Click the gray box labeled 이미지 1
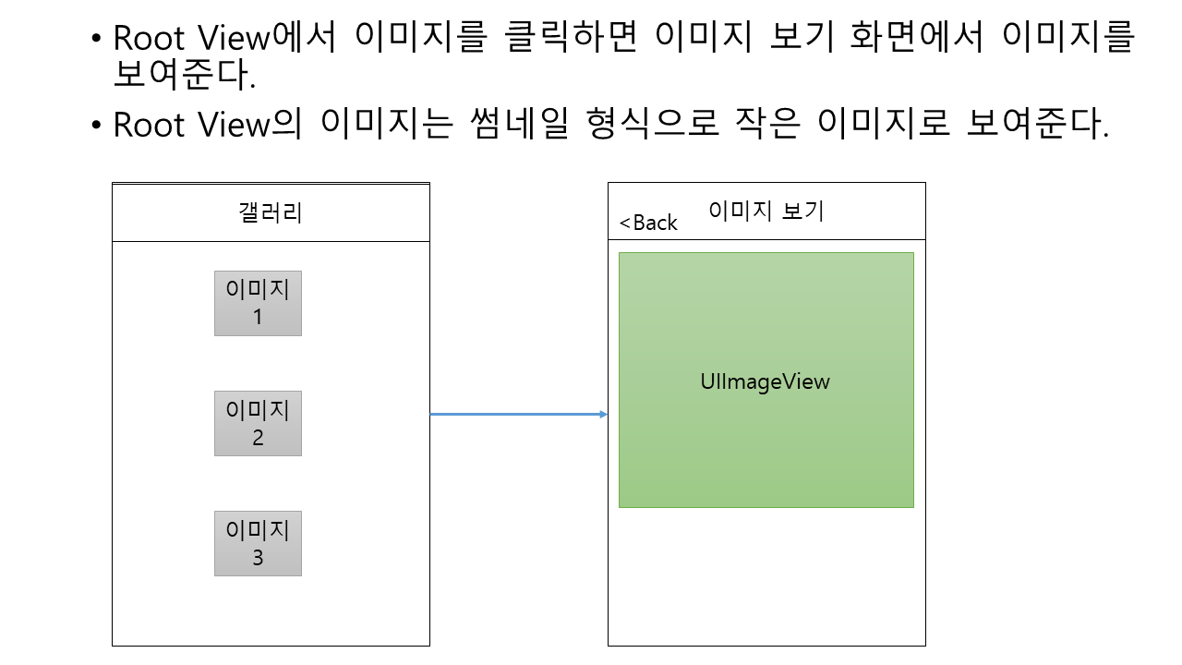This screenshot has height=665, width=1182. pos(258,303)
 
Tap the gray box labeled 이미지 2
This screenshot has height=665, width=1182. pos(258,423)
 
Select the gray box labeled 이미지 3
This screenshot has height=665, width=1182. pos(258,543)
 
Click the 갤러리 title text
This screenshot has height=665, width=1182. pos(271,213)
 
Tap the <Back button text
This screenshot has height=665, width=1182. pos(648,224)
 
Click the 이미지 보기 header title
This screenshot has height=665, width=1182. pos(766,211)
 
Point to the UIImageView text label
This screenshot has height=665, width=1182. pos(766,381)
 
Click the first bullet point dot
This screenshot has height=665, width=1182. pos(97,40)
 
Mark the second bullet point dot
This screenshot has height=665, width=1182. pos(97,126)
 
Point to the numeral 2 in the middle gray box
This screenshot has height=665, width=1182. pos(258,438)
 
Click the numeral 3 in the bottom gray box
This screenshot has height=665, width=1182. pos(258,558)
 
